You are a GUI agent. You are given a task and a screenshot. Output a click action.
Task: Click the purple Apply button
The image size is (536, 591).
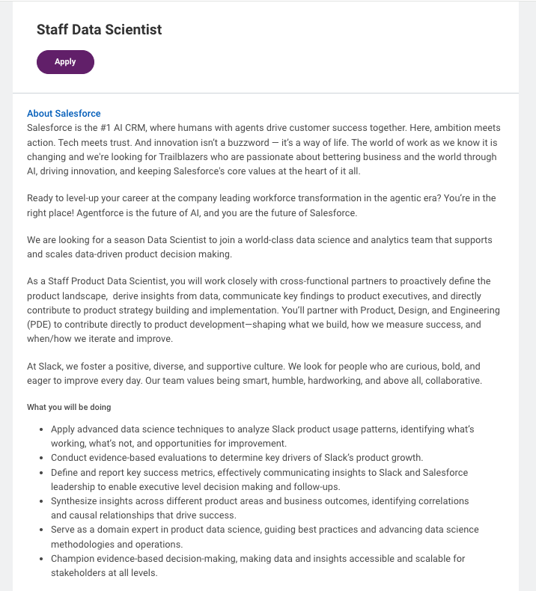pos(65,62)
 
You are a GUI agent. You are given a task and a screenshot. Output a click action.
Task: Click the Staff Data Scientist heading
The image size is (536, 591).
pos(99,30)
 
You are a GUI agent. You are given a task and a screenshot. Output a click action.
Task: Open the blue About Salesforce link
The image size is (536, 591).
pos(64,114)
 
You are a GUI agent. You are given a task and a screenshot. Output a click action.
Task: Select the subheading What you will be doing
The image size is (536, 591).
pos(69,408)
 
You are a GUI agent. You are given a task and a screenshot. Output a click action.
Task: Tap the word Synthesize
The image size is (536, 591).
pos(76,500)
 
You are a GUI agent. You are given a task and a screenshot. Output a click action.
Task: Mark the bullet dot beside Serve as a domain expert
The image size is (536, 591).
pos(40,530)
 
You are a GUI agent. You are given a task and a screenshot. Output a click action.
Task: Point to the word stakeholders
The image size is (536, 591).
pos(77,572)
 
